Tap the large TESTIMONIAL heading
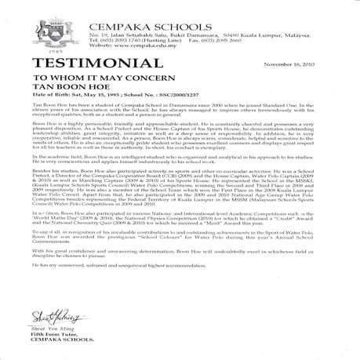pos(63,64)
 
